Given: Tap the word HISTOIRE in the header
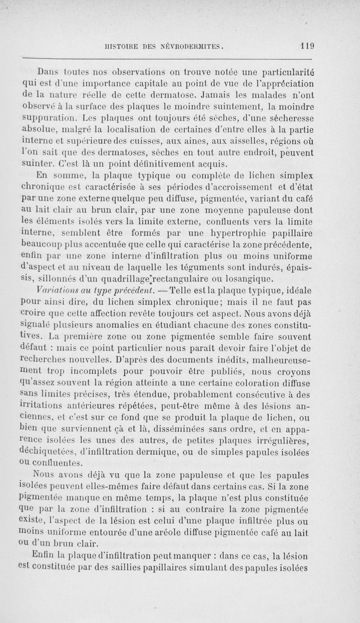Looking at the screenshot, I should click(121, 45).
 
